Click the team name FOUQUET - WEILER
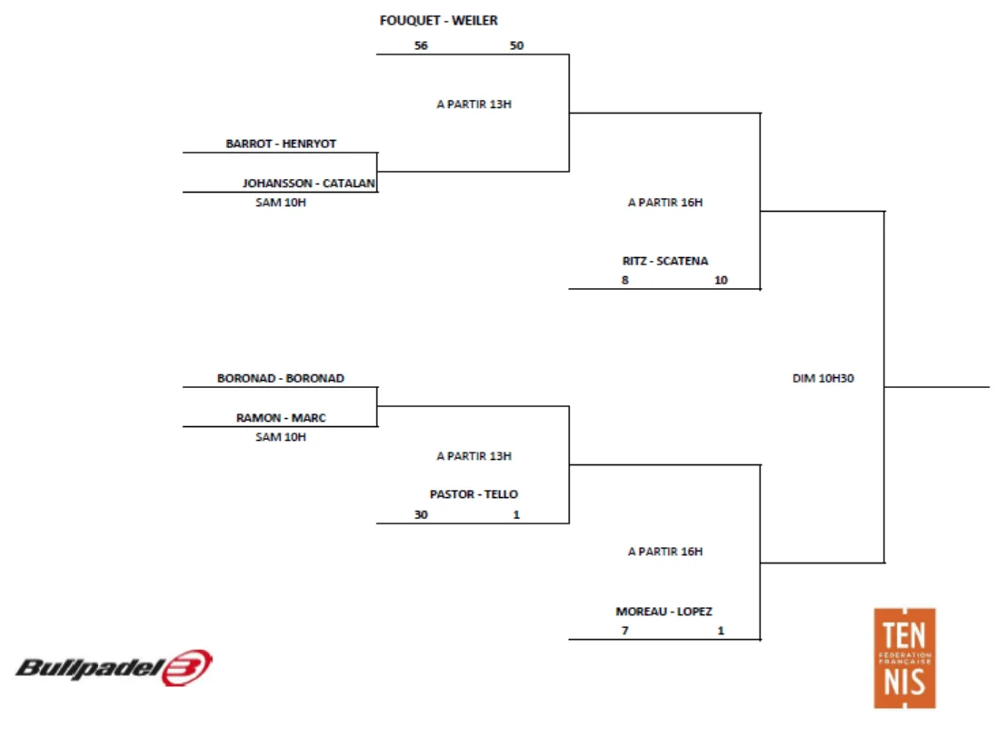click(x=438, y=21)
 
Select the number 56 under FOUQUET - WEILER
click(x=420, y=45)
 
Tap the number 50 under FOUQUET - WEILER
click(x=516, y=45)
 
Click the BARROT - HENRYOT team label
click(x=281, y=144)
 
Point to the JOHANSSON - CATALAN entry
click(x=309, y=183)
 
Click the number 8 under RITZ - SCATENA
click(x=624, y=280)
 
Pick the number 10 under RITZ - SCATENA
click(x=721, y=280)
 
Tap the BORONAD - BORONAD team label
click(x=281, y=378)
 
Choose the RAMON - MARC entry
click(x=281, y=418)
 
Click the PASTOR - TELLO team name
click(x=474, y=494)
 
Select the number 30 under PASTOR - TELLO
click(x=420, y=514)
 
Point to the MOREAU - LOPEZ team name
click(x=664, y=612)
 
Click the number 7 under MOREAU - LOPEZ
click(x=624, y=631)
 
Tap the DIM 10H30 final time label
click(x=823, y=379)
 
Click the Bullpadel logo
click(x=115, y=669)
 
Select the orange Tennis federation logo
click(x=904, y=658)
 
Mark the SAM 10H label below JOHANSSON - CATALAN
click(x=281, y=203)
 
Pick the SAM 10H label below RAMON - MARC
click(x=281, y=437)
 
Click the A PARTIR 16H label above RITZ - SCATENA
click(x=665, y=203)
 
